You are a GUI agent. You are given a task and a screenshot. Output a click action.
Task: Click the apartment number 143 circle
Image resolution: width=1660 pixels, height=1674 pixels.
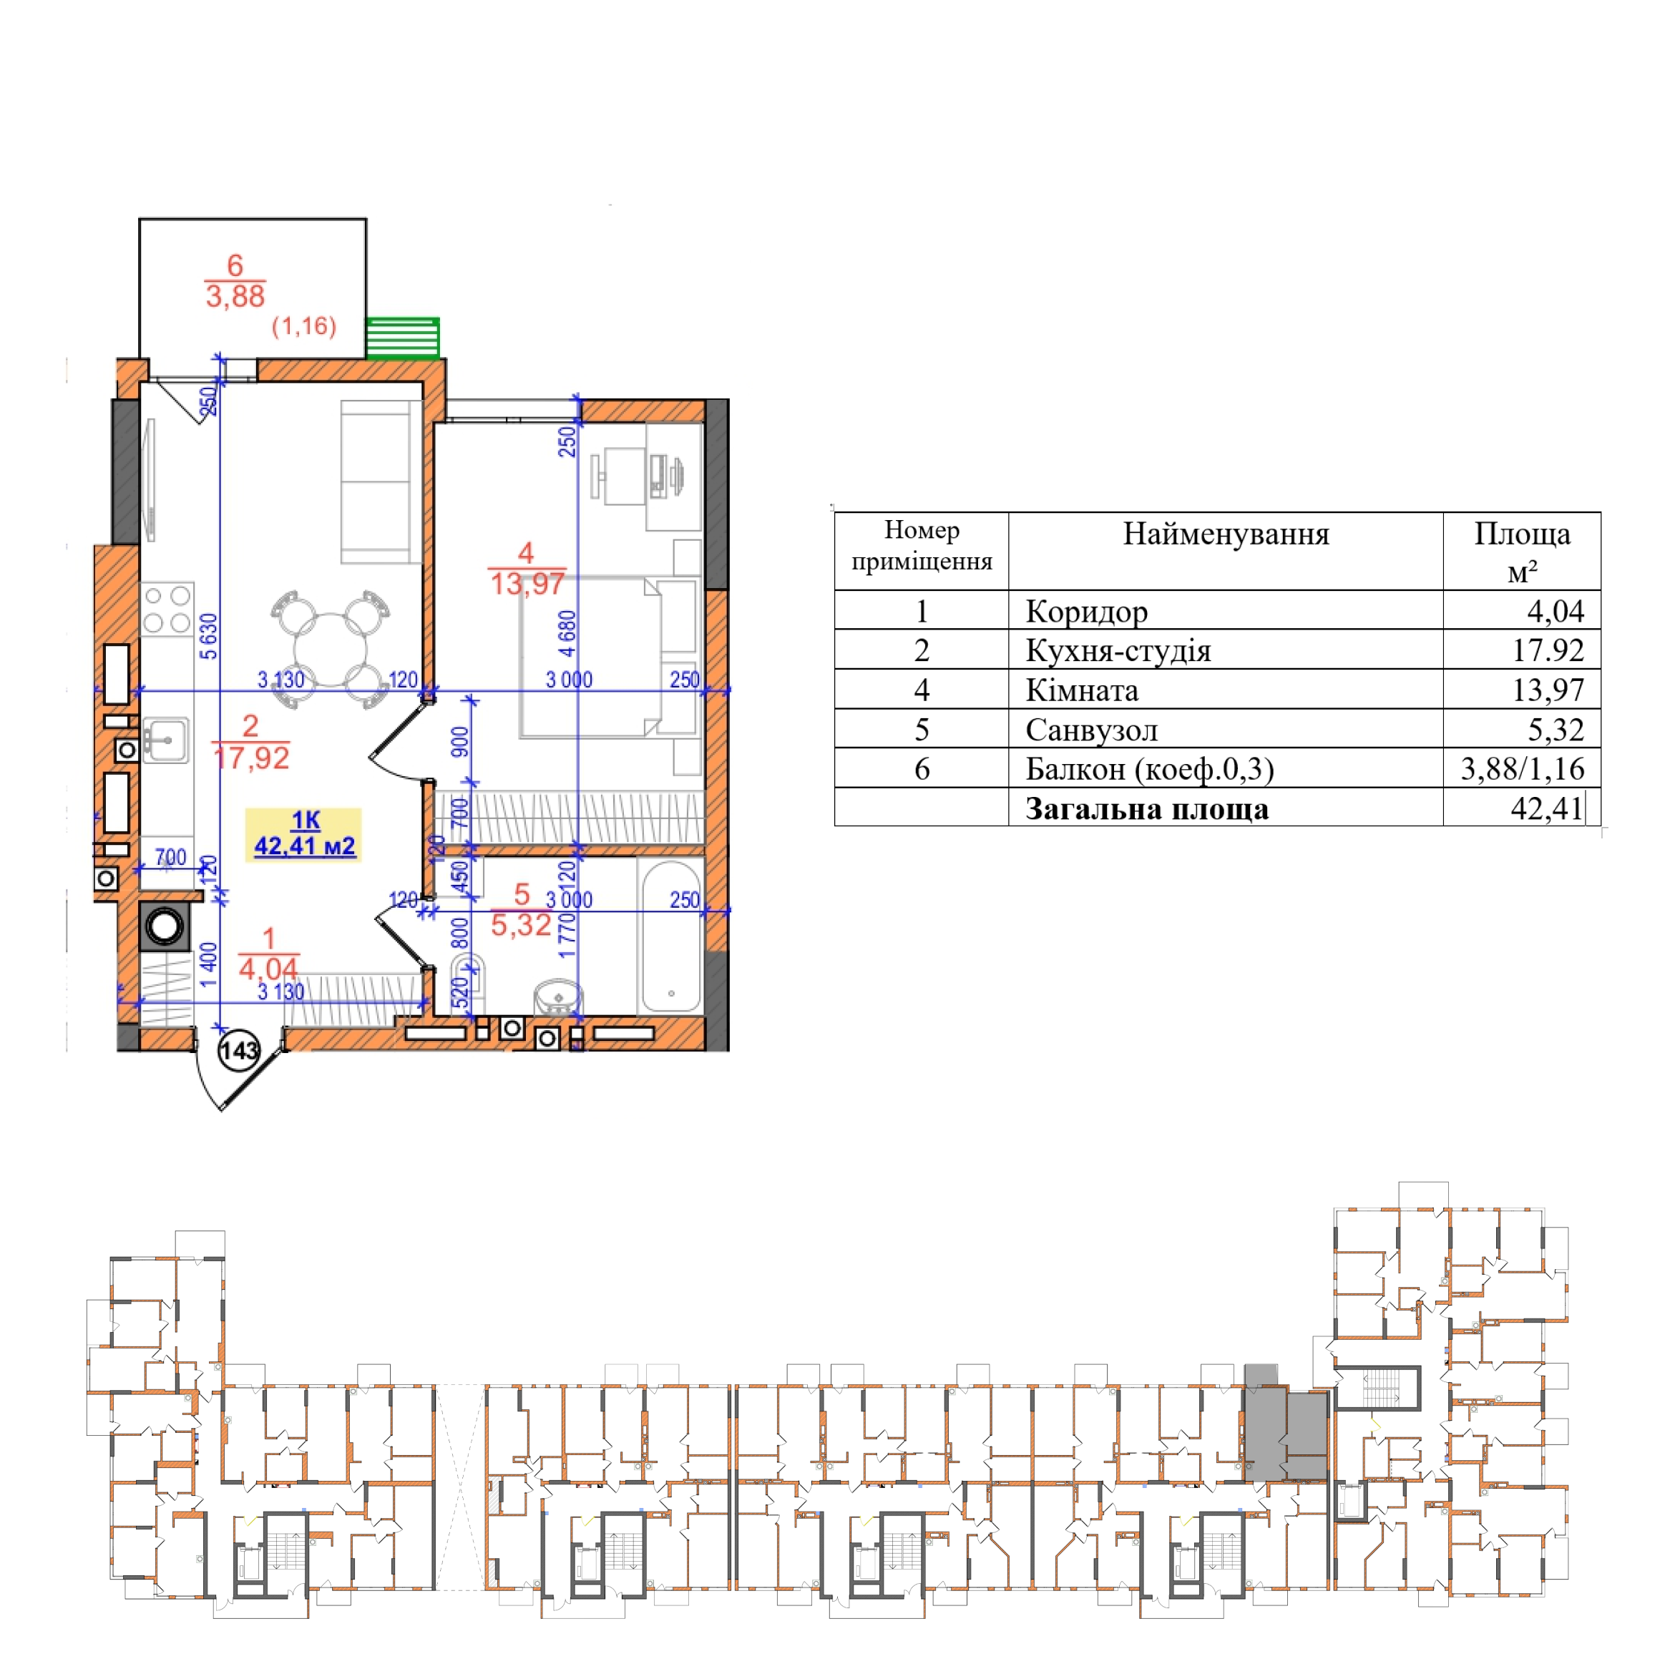238,1051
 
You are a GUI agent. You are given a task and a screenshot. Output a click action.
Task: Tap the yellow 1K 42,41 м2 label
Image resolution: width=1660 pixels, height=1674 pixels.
303,834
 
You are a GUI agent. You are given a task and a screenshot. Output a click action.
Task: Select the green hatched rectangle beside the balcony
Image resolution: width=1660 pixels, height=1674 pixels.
402,338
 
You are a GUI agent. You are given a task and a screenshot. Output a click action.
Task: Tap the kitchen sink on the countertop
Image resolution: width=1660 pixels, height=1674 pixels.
165,739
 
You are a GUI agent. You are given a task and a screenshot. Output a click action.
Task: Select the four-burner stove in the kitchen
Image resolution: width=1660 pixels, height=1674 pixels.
167,609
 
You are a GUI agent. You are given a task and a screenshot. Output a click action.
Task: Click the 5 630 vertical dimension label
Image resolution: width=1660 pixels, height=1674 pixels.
209,637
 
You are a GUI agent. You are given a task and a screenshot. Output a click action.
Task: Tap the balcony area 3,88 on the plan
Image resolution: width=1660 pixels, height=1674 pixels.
235,296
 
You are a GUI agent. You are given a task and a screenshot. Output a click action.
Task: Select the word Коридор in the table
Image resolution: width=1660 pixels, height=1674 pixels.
1086,612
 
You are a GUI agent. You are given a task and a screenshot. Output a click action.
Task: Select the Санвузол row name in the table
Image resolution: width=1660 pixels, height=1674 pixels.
1091,730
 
